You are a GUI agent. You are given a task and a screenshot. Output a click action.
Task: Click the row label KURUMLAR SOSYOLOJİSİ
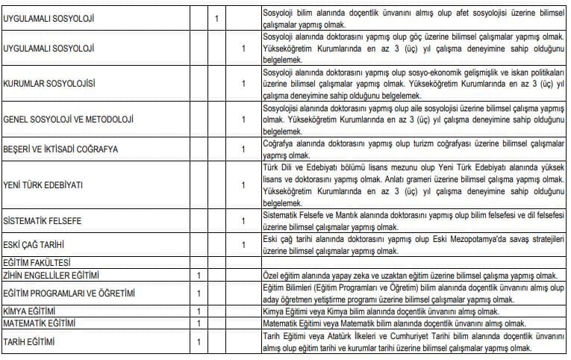[50, 83]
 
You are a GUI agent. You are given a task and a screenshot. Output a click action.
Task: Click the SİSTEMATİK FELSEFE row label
[42, 221]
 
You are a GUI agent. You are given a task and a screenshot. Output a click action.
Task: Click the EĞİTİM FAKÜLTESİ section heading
[37, 263]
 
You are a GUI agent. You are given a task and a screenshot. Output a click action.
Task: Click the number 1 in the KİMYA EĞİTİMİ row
[199, 311]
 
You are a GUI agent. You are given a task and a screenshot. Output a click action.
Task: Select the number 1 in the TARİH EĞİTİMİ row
[199, 342]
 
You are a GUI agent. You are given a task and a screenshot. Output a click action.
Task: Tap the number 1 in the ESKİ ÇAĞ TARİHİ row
[243, 244]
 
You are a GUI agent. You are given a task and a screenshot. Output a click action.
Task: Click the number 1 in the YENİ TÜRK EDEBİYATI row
[243, 184]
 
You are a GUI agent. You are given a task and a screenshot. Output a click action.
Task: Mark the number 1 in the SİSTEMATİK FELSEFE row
[243, 221]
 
